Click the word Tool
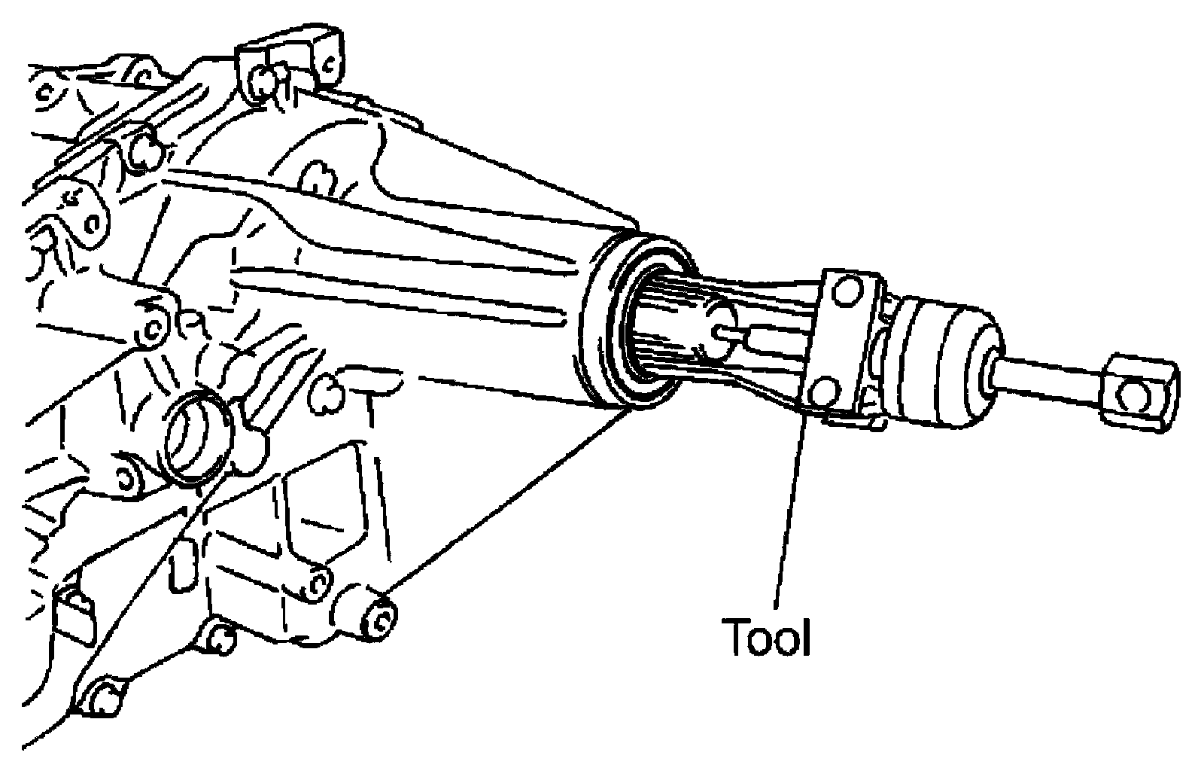[765, 637]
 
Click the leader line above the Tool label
[791, 510]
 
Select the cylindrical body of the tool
[946, 364]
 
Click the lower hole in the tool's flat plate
[823, 392]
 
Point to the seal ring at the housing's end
[634, 323]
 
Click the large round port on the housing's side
[196, 438]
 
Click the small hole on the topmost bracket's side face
[328, 64]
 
